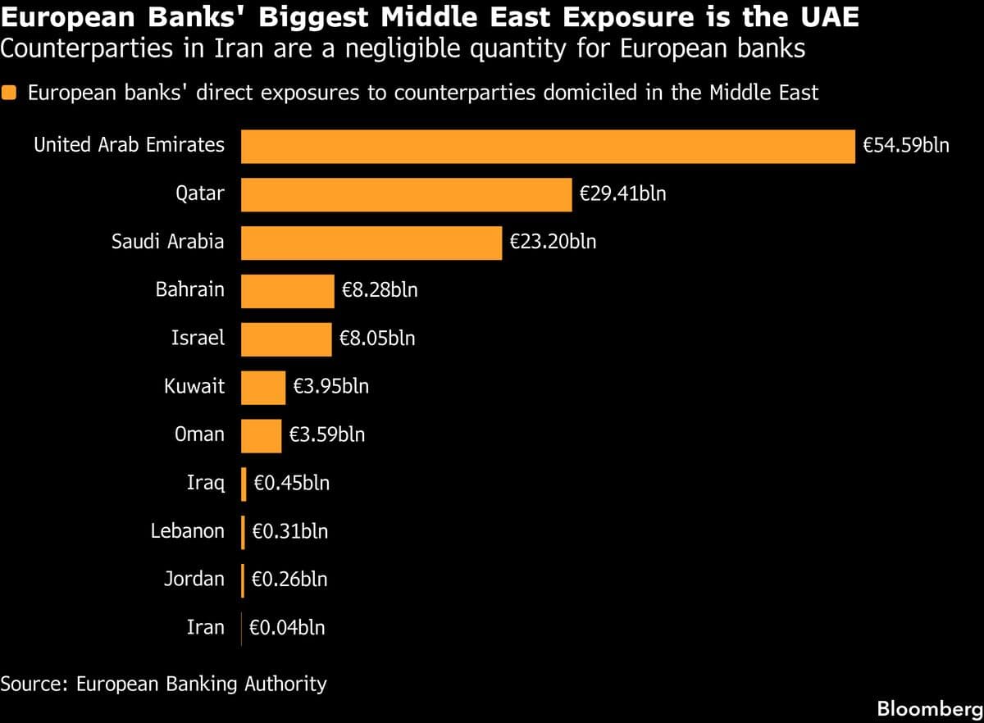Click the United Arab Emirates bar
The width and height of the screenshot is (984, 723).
coord(547,147)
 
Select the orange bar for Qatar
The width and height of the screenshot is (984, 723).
coord(406,195)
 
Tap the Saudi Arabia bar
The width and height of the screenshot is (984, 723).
coord(371,243)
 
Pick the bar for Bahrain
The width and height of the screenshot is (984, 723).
coord(287,291)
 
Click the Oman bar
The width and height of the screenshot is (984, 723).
coord(261,435)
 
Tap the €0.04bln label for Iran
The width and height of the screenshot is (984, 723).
coord(287,629)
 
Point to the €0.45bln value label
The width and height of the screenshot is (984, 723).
coord(292,484)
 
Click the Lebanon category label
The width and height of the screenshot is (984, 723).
coord(187,531)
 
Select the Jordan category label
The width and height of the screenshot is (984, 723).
coord(194,580)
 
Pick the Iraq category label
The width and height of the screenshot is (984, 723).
coord(205,484)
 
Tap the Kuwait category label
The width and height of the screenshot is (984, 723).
coord(194,387)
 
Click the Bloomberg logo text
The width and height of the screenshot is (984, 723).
coord(929,707)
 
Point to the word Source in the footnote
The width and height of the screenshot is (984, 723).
coord(33,684)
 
